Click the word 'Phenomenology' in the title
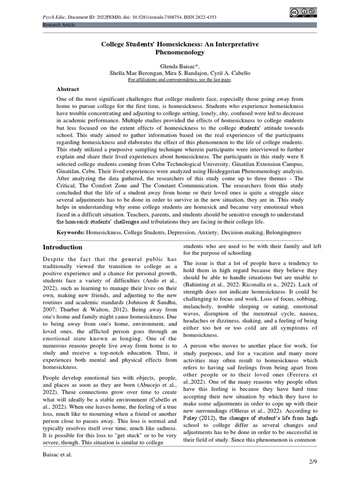pos(180,52)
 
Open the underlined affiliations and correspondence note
pos(180,80)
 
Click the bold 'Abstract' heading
pos(67,89)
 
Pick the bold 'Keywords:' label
pos(70,232)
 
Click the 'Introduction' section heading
pos(62,247)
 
